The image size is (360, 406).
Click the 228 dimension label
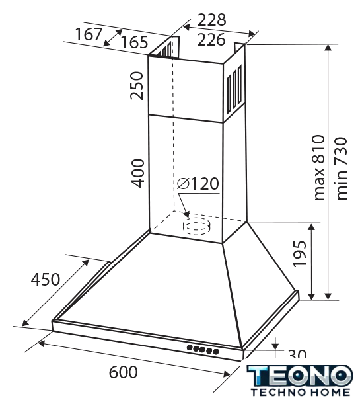click(x=211, y=20)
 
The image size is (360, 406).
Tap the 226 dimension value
click(x=211, y=40)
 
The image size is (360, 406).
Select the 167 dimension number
click(x=89, y=34)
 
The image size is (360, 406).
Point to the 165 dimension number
click(x=134, y=42)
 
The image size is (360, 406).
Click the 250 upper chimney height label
click(x=137, y=86)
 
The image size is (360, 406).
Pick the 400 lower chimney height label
click(x=137, y=173)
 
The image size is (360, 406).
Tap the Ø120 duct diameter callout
click(x=198, y=184)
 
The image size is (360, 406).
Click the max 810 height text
click(x=319, y=168)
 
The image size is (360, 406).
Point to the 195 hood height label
click(x=299, y=254)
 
